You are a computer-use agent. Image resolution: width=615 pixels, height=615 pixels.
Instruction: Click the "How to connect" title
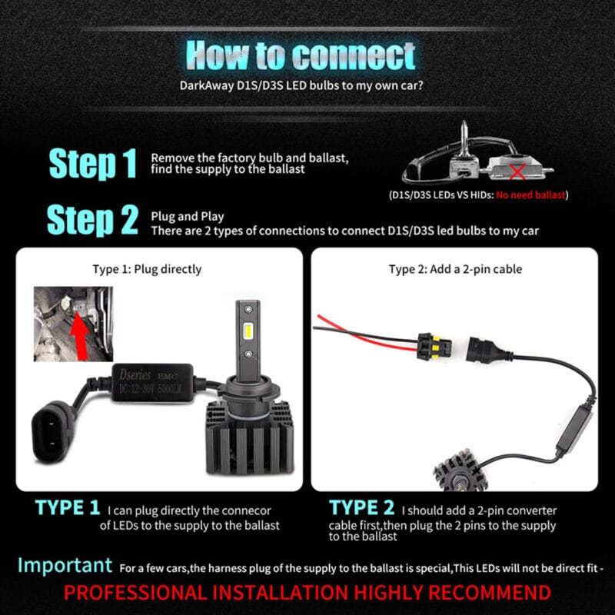pos(301,55)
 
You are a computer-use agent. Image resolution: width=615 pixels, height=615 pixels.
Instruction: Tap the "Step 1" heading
pos(93,163)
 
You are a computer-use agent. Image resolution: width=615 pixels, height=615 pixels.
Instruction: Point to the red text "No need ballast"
pos(530,194)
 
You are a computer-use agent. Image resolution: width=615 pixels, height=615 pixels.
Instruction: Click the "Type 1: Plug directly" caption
pos(147,269)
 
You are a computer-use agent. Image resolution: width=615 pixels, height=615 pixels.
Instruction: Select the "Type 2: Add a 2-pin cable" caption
pos(455,269)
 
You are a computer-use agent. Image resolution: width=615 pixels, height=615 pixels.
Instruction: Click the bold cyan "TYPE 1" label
pos(68,507)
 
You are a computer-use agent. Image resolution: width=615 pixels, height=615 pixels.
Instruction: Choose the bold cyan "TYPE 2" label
pos(362,507)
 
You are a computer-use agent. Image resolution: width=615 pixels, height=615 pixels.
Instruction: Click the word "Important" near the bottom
pos(65,566)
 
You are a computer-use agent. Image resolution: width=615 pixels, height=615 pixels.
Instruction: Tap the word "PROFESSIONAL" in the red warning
pos(135,592)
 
